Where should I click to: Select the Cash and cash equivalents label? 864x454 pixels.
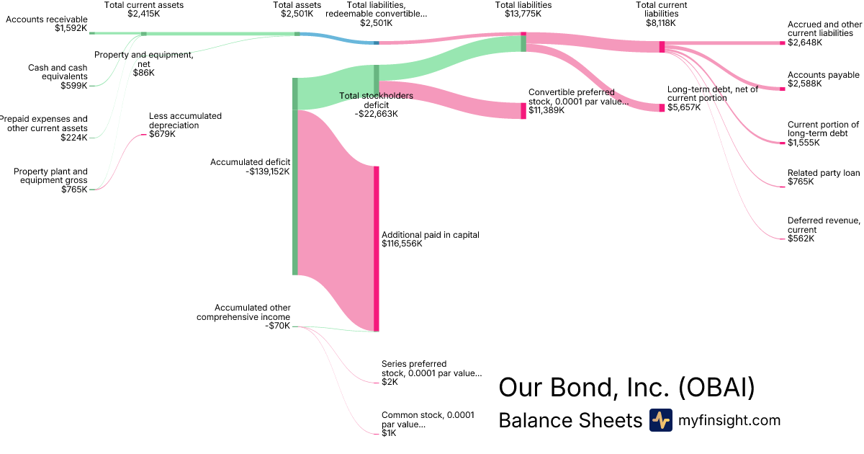(x=58, y=72)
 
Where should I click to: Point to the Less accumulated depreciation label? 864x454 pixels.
(x=185, y=120)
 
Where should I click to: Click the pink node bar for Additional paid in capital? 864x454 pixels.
(x=376, y=249)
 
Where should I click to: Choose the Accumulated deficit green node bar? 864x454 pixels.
(x=294, y=177)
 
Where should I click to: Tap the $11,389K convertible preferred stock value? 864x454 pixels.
(x=547, y=111)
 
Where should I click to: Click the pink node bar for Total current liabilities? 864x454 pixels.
(x=662, y=47)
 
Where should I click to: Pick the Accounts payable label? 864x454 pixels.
(x=823, y=75)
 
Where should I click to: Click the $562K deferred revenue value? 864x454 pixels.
(x=801, y=239)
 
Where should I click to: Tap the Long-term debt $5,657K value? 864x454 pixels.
(x=685, y=107)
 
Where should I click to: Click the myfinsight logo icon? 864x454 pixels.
(x=660, y=420)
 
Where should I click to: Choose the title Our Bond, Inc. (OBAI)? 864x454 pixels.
(x=626, y=388)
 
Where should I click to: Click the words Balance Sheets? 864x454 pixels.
(x=570, y=420)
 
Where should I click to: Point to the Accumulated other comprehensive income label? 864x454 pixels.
(x=243, y=312)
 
